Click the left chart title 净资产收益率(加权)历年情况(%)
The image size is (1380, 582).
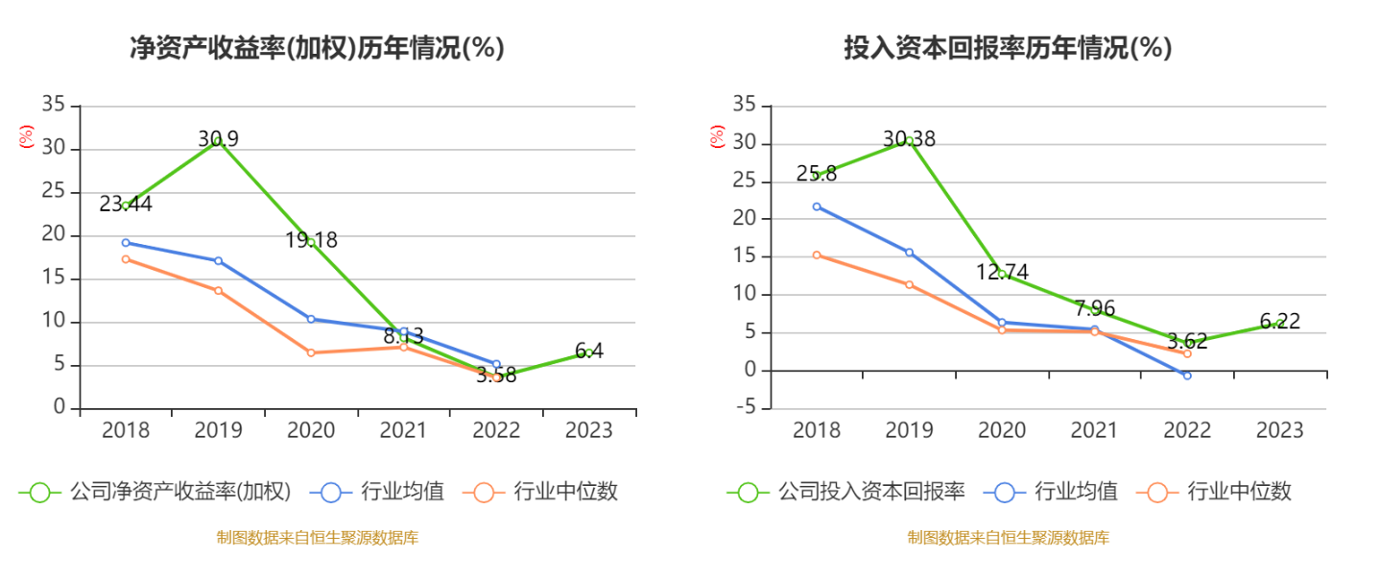click(x=317, y=48)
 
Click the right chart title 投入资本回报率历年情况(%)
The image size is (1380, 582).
click(x=1008, y=48)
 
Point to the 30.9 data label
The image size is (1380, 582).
click(x=219, y=139)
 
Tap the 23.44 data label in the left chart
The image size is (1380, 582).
click(x=126, y=205)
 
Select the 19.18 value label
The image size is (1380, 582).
click(x=311, y=240)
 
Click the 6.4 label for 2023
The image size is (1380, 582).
click(x=589, y=352)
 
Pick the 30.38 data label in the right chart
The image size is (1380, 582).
click(x=909, y=139)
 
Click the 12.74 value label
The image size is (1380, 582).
click(x=1002, y=272)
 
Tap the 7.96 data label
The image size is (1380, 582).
click(x=1095, y=308)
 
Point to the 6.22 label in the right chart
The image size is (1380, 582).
click(x=1280, y=322)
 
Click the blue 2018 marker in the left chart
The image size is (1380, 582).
click(x=126, y=242)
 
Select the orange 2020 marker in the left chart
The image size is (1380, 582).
click(x=311, y=352)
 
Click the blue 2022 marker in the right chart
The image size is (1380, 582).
click(x=1187, y=376)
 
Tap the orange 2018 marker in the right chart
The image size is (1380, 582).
click(x=817, y=255)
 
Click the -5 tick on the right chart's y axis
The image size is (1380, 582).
click(x=745, y=409)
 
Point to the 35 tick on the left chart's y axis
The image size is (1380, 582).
click(x=55, y=105)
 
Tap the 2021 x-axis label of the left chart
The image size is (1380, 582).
click(x=404, y=430)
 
